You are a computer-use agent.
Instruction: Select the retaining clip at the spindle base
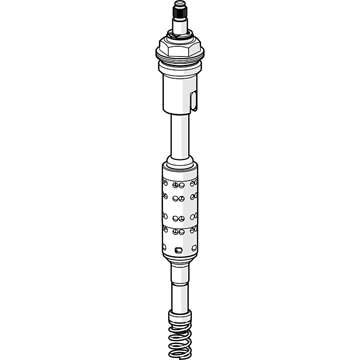[x=179, y=37]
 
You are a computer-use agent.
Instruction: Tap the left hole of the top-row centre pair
[x=176, y=184]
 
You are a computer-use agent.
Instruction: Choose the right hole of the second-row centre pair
[x=182, y=199]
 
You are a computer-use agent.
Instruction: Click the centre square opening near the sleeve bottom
[x=178, y=250]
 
